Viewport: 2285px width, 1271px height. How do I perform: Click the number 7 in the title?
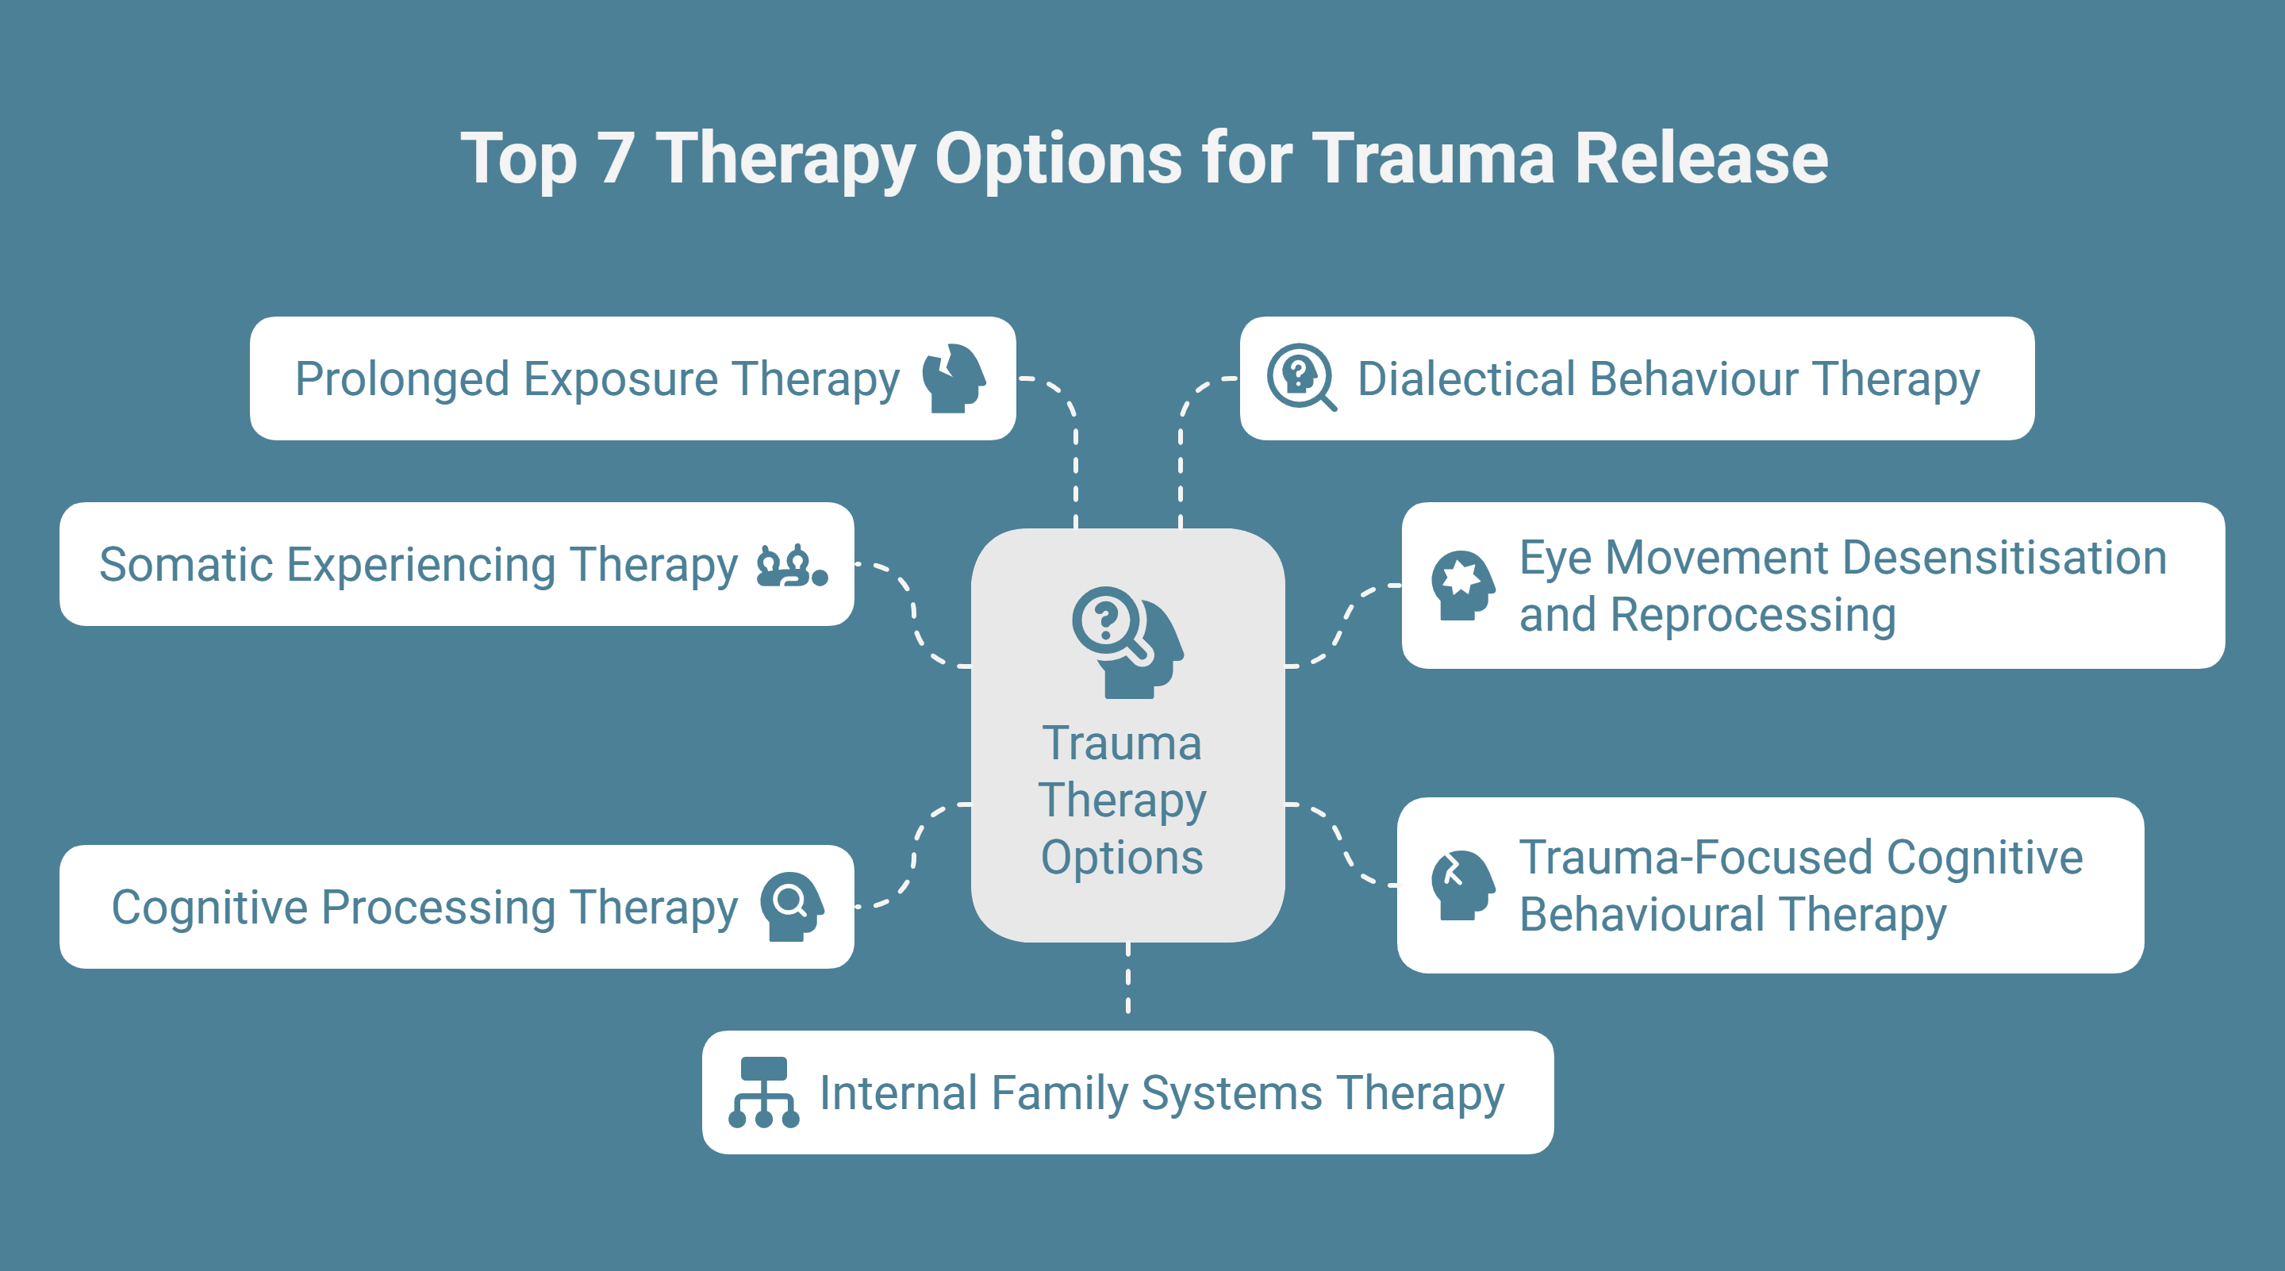[x=616, y=159]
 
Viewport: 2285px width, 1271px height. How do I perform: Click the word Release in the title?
[x=1700, y=159]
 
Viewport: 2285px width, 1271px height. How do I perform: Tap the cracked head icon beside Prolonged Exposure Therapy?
[x=954, y=378]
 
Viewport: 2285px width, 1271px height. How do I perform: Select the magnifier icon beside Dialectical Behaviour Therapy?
[x=1300, y=377]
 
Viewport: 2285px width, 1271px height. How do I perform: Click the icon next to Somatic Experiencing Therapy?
[x=791, y=565]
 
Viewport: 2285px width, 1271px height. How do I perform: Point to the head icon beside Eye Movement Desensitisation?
[x=1461, y=585]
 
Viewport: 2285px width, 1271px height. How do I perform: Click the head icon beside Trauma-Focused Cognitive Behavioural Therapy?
[x=1461, y=885]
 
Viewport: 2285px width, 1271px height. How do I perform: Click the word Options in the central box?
[x=1122, y=857]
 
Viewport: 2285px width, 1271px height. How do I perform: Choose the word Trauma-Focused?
[x=1696, y=857]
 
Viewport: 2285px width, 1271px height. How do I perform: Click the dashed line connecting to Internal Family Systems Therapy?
[x=1127, y=978]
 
